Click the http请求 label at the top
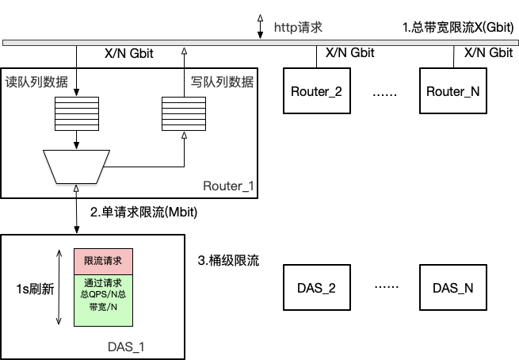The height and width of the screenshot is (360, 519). click(298, 28)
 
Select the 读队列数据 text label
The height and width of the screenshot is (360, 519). click(36, 82)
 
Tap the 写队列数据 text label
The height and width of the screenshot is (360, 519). click(223, 82)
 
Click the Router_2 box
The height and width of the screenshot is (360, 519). click(316, 91)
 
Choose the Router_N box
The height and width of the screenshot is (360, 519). click(452, 91)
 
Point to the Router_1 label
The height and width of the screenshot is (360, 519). click(228, 186)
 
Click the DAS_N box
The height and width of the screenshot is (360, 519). click(452, 288)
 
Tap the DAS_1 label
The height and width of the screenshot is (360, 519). click(126, 347)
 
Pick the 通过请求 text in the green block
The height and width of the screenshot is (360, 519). click(103, 282)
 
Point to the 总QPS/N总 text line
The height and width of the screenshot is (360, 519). click(103, 293)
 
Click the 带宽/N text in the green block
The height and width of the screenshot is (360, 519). click(103, 306)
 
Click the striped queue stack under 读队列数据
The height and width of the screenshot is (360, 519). click(77, 113)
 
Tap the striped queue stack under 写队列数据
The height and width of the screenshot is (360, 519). click(184, 113)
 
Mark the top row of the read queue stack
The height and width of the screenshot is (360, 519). click(77, 100)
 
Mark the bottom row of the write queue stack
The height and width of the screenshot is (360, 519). click(184, 127)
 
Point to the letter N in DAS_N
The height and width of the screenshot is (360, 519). click(468, 288)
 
